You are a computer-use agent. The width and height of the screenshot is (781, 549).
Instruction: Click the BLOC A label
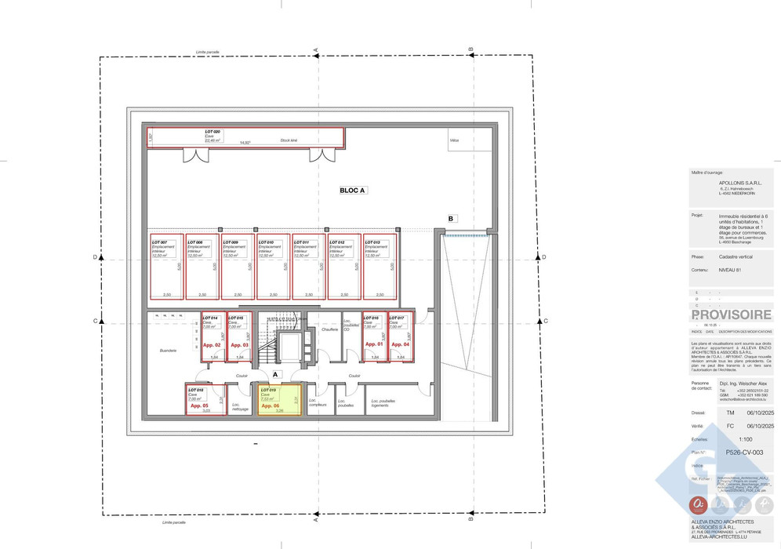coord(352,190)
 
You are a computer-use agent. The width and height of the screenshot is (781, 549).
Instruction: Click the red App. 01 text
coord(375,345)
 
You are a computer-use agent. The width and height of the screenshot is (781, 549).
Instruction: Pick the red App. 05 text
coord(199,405)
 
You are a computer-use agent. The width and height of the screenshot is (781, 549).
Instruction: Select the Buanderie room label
coord(168,351)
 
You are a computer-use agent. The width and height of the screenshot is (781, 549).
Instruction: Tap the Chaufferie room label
coord(329,329)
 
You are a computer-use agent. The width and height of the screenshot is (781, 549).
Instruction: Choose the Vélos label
coord(454,140)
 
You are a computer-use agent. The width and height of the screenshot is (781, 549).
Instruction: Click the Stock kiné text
coord(289,140)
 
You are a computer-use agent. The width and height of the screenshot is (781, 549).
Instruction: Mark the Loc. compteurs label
coord(318,402)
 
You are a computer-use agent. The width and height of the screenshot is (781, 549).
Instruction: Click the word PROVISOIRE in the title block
coord(732,314)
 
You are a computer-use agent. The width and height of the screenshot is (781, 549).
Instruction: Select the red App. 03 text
coord(240,345)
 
